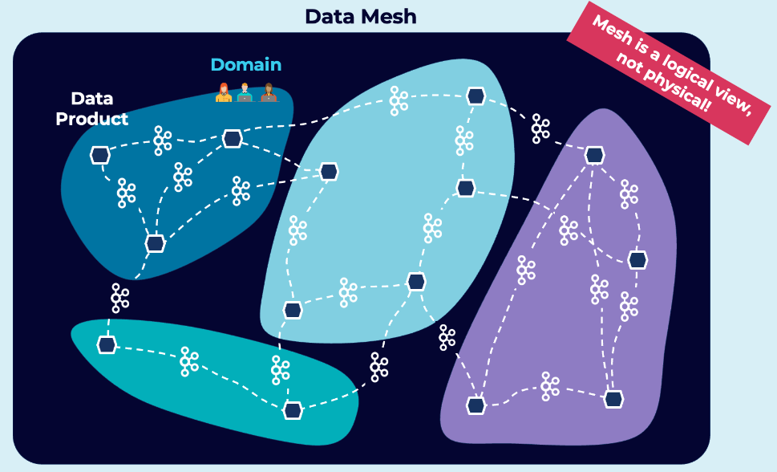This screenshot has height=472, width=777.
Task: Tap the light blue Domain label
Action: pyautogui.click(x=246, y=64)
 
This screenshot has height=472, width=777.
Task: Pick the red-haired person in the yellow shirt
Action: pyautogui.click(x=224, y=92)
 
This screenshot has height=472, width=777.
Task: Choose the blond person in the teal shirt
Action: pyautogui.click(x=245, y=92)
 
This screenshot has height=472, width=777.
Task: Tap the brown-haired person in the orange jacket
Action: pyautogui.click(x=269, y=92)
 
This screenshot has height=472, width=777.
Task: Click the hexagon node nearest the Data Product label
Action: pyautogui.click(x=100, y=155)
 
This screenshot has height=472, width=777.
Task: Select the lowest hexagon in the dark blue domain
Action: pyautogui.click(x=155, y=242)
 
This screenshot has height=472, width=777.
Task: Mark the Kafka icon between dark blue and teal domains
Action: pyautogui.click(x=120, y=298)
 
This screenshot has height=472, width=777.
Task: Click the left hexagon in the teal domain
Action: pyautogui.click(x=107, y=344)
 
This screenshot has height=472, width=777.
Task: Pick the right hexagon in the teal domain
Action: pyautogui.click(x=293, y=409)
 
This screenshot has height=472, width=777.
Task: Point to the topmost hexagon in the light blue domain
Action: pyautogui.click(x=476, y=96)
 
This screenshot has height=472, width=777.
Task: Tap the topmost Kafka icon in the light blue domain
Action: pyautogui.click(x=398, y=100)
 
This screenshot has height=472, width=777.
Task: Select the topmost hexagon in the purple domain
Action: pyautogui.click(x=594, y=155)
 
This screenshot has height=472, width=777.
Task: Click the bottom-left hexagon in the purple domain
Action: pyautogui.click(x=476, y=405)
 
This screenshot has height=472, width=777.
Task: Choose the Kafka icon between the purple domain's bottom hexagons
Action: pyautogui.click(x=549, y=386)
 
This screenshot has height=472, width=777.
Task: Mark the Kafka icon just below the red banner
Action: pyautogui.click(x=540, y=128)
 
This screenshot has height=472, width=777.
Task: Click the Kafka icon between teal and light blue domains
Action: pyautogui.click(x=378, y=366)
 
